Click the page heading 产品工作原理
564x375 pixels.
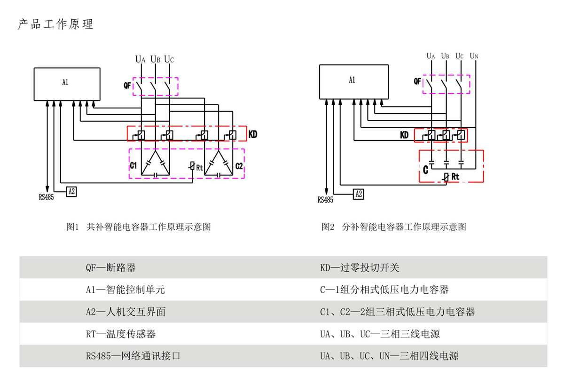point(55,24)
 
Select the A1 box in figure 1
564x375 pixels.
point(67,84)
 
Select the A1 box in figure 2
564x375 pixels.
point(354,81)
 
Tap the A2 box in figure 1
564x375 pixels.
point(71,191)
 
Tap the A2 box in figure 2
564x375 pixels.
point(358,194)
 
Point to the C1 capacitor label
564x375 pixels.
point(133,166)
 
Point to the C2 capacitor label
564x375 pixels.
point(239,166)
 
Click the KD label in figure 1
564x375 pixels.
point(253,135)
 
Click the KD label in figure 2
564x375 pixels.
point(404,135)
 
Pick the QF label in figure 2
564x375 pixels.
point(417,81)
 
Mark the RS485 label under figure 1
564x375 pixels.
point(46,197)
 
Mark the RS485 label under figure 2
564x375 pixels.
point(325,200)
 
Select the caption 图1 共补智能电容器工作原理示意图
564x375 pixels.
point(139,227)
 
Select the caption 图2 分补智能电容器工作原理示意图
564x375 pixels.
point(394,227)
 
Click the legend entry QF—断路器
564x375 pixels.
point(110,268)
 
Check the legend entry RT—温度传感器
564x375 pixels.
point(120,334)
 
